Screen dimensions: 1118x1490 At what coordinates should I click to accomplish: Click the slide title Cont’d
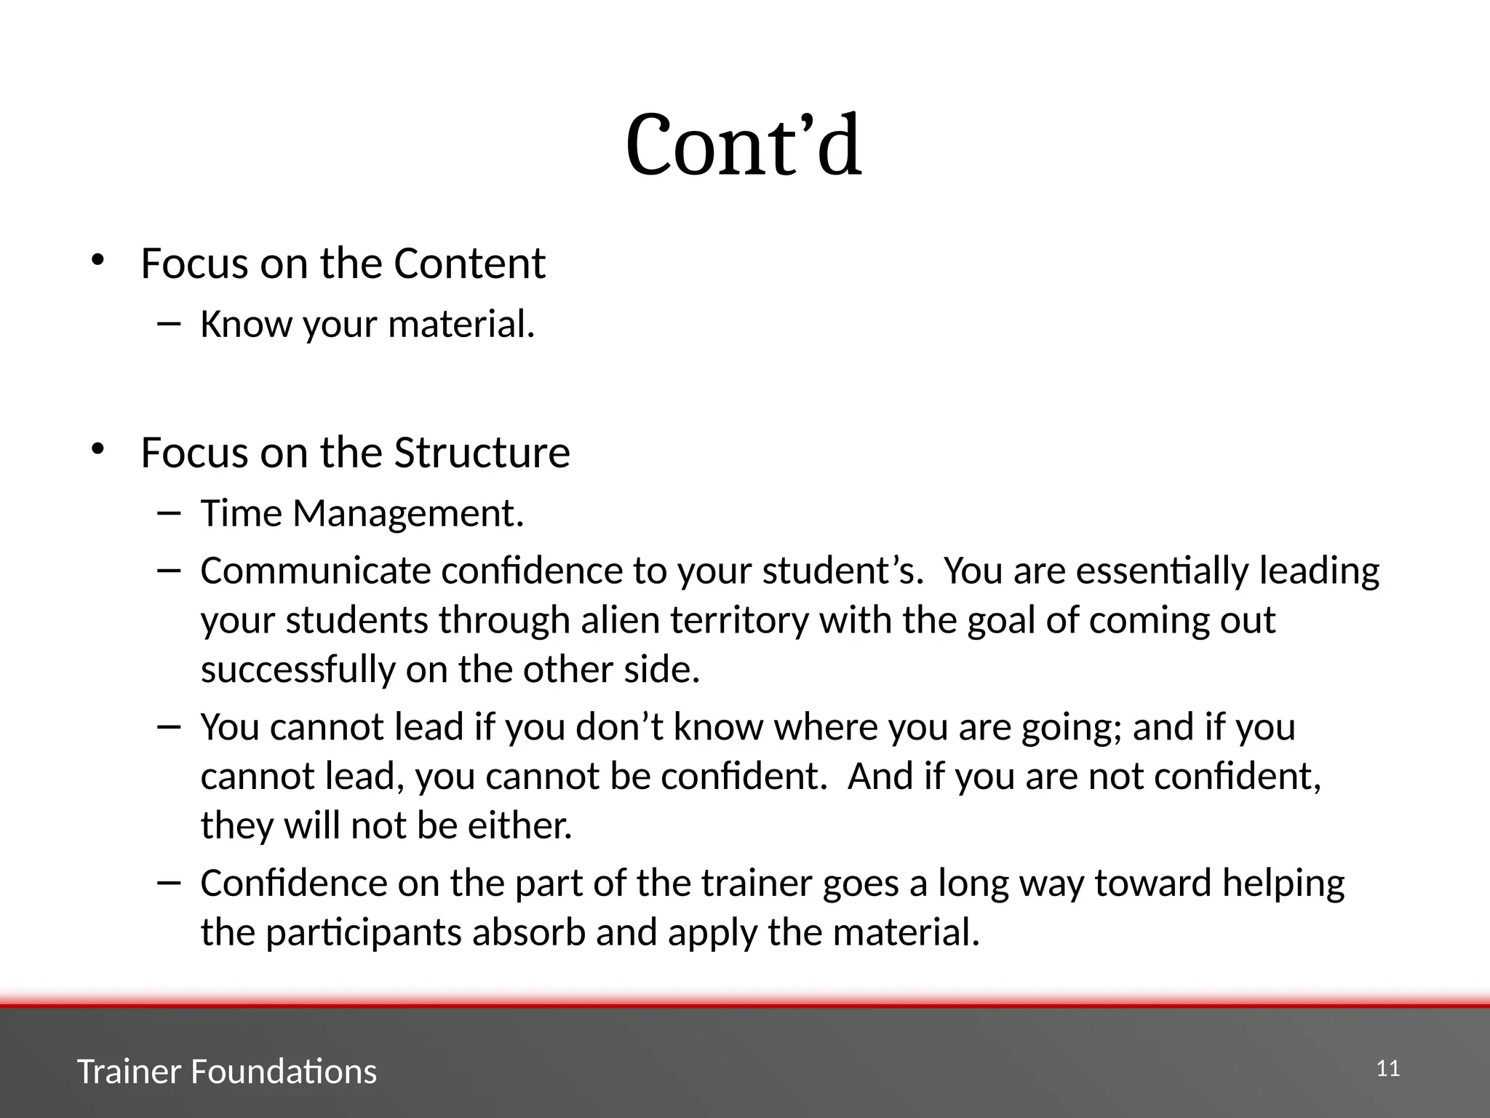pyautogui.click(x=744, y=146)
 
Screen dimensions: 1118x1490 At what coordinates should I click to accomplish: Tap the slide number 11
pyautogui.click(x=1388, y=1069)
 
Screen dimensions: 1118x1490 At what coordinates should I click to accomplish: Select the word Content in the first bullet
pyautogui.click(x=469, y=263)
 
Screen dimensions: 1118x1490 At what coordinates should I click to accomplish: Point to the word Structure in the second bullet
pyautogui.click(x=482, y=453)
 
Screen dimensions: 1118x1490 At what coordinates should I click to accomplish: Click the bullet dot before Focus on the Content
pyautogui.click(x=97, y=260)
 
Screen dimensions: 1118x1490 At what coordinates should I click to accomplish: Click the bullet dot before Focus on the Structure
pyautogui.click(x=97, y=449)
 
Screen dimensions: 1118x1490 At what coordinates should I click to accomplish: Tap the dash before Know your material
pyautogui.click(x=168, y=322)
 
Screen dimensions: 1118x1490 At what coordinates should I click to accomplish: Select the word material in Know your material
pyautogui.click(x=461, y=325)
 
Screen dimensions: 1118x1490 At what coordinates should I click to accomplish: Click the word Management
pyautogui.click(x=407, y=514)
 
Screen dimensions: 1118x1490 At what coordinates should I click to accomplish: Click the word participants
pyautogui.click(x=363, y=933)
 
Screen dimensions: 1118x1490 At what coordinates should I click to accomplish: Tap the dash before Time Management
pyautogui.click(x=168, y=512)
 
